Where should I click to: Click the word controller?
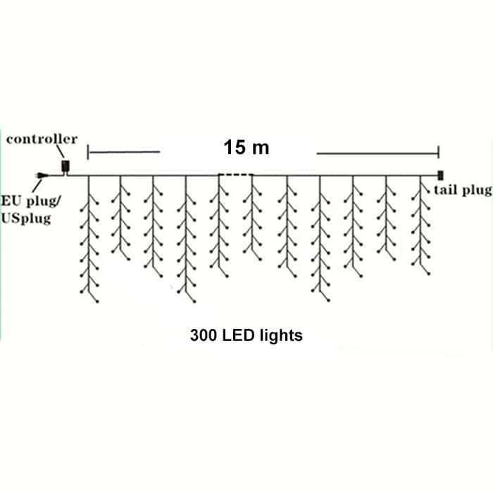point(42,139)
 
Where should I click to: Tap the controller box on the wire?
point(65,166)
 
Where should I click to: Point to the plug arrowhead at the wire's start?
point(42,175)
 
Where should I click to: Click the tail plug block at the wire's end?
point(440,175)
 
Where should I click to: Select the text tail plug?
point(463,190)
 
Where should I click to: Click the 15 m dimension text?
point(246,147)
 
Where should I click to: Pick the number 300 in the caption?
point(204,335)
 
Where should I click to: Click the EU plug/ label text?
point(31,201)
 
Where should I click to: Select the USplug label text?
point(26,218)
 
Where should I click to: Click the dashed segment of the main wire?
point(236,174)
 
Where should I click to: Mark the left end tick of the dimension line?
point(88,152)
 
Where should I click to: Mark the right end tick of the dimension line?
point(438,153)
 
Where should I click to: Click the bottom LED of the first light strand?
point(97,301)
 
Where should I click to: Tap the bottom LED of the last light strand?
point(428,273)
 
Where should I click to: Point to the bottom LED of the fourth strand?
point(194,301)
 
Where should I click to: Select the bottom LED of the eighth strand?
point(329,301)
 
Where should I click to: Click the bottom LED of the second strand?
point(129,260)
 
